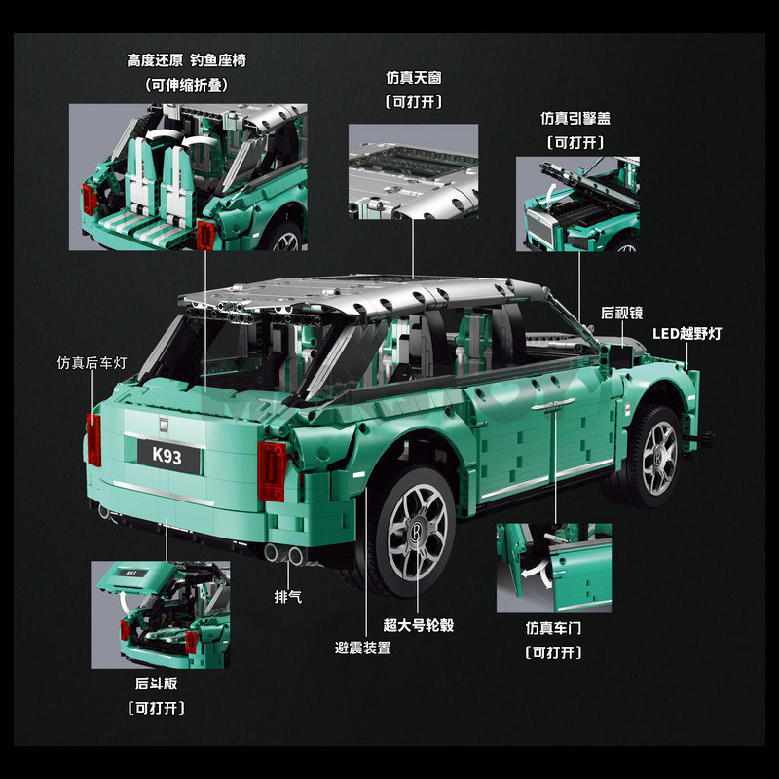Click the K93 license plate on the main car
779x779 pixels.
[168, 456]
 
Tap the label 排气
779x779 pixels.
[288, 596]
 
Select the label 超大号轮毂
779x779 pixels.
[419, 625]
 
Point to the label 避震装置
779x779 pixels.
[362, 648]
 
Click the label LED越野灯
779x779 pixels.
[686, 333]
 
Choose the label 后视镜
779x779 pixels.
[621, 313]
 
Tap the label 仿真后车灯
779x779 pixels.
[92, 362]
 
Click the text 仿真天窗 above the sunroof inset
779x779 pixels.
[414, 78]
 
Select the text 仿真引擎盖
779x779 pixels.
[575, 118]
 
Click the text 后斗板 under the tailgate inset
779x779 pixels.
[157, 684]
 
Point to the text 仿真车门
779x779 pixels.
[553, 628]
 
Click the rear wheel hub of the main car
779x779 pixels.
[417, 532]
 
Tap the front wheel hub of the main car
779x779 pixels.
[659, 458]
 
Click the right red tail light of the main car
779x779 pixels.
[272, 471]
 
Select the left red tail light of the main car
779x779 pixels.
[93, 440]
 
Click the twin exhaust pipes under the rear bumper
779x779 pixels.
[283, 553]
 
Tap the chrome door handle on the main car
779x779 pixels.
[552, 405]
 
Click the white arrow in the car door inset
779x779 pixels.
[537, 574]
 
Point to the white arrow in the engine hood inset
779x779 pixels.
[551, 193]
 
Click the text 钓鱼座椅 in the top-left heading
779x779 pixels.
[218, 60]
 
